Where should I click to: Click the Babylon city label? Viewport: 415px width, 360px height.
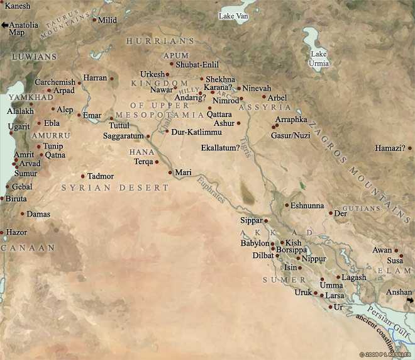tap(254, 243)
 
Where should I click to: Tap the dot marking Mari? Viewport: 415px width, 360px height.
tap(170, 172)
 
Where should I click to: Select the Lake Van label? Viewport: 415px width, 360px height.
tap(233, 16)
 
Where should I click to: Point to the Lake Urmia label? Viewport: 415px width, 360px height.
tap(319, 58)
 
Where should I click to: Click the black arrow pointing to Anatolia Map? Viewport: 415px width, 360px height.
tap(5, 25)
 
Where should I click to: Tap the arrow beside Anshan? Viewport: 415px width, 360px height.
tap(410, 300)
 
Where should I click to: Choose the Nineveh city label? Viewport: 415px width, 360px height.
tap(257, 88)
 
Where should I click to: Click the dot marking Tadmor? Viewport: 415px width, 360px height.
tap(83, 176)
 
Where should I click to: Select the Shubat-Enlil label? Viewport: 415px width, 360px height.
tap(197, 64)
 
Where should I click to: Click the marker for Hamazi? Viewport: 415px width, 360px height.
tap(409, 149)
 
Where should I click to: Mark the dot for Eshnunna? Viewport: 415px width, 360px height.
tap(286, 206)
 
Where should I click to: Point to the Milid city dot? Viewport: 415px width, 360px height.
tap(95, 20)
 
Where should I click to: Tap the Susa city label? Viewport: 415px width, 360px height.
tap(395, 260)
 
